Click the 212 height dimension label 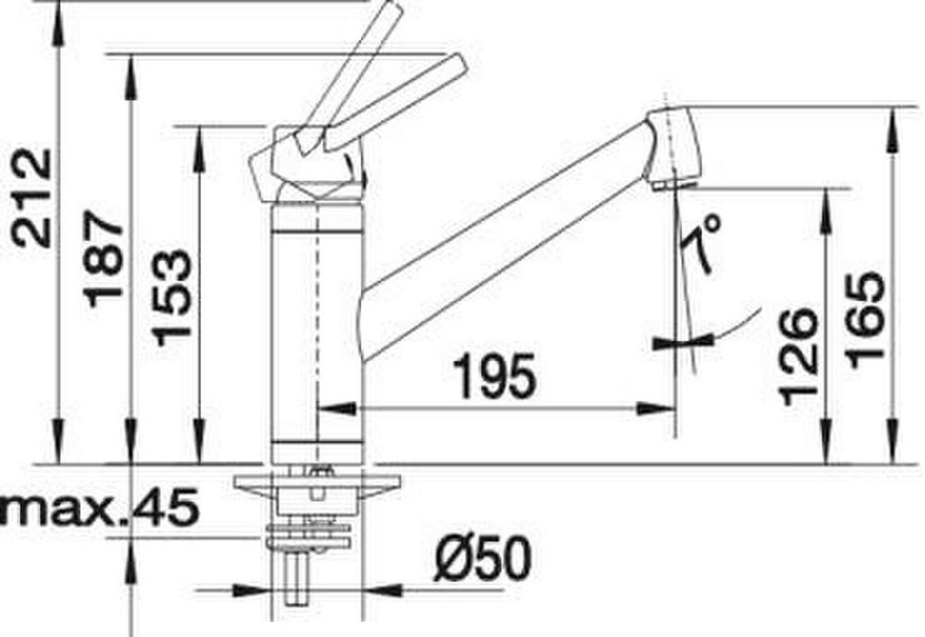click(33, 198)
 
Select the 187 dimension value click(104, 259)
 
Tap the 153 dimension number click(172, 297)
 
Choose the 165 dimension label click(866, 319)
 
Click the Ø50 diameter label click(482, 558)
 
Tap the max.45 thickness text click(99, 508)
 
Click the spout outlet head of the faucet click(672, 147)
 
